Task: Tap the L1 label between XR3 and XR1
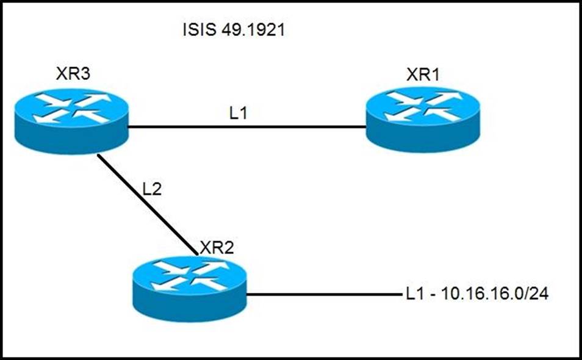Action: pos(239,113)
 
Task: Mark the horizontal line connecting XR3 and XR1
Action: pos(244,127)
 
